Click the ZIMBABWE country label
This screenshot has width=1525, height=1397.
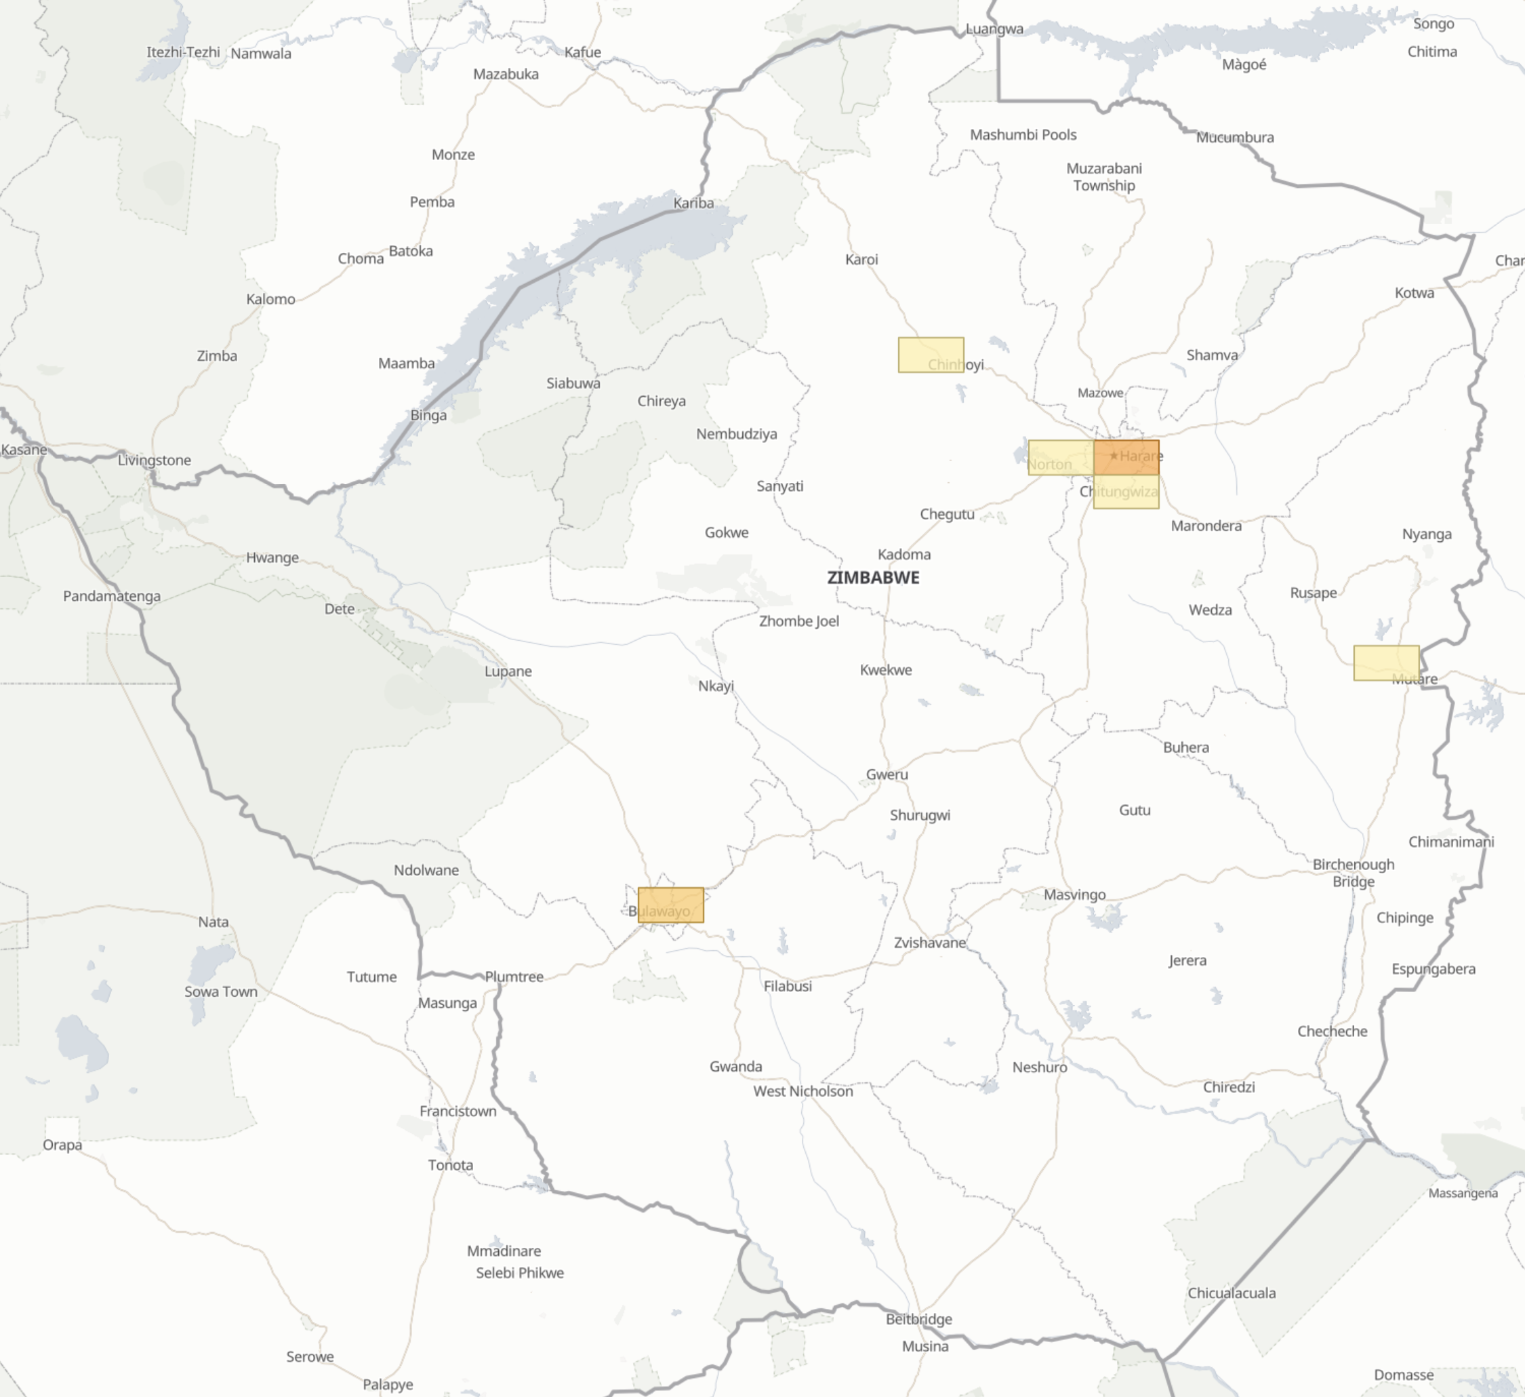[x=873, y=577]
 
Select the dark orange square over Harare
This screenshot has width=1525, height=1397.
[x=1126, y=457]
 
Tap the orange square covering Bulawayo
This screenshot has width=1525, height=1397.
[x=671, y=905]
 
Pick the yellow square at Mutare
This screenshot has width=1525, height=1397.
[x=1386, y=663]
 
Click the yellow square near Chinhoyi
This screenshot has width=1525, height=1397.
[x=931, y=355]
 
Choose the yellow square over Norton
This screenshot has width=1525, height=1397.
[x=1061, y=457]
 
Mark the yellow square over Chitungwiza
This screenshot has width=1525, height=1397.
[x=1126, y=492]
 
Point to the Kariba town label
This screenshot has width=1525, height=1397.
[x=693, y=203]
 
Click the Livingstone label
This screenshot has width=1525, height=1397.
[x=155, y=460]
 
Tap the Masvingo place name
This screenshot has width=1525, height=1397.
[x=1074, y=894]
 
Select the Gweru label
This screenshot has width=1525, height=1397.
[x=887, y=774]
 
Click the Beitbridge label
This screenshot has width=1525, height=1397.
[x=918, y=1319]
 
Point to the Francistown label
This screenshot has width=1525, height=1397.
[x=457, y=1111]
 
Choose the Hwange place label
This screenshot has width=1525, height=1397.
[x=272, y=557]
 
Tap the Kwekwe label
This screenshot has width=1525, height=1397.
[x=886, y=670]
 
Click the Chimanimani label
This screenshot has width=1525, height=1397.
[x=1451, y=842]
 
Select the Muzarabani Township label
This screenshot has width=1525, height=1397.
[x=1103, y=177]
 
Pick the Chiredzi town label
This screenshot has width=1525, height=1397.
[x=1228, y=1086]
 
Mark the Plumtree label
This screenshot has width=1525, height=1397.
[x=514, y=977]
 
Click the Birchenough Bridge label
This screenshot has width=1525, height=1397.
[x=1354, y=873]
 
